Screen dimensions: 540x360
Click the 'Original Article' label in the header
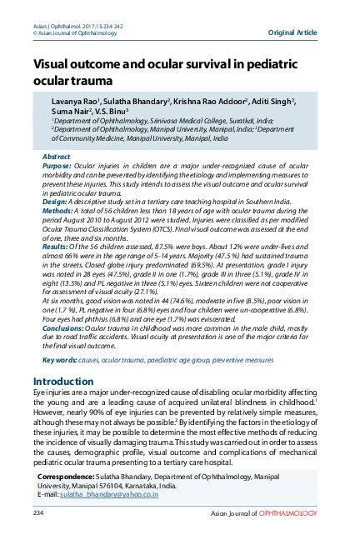292,32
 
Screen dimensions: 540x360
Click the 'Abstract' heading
56,156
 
